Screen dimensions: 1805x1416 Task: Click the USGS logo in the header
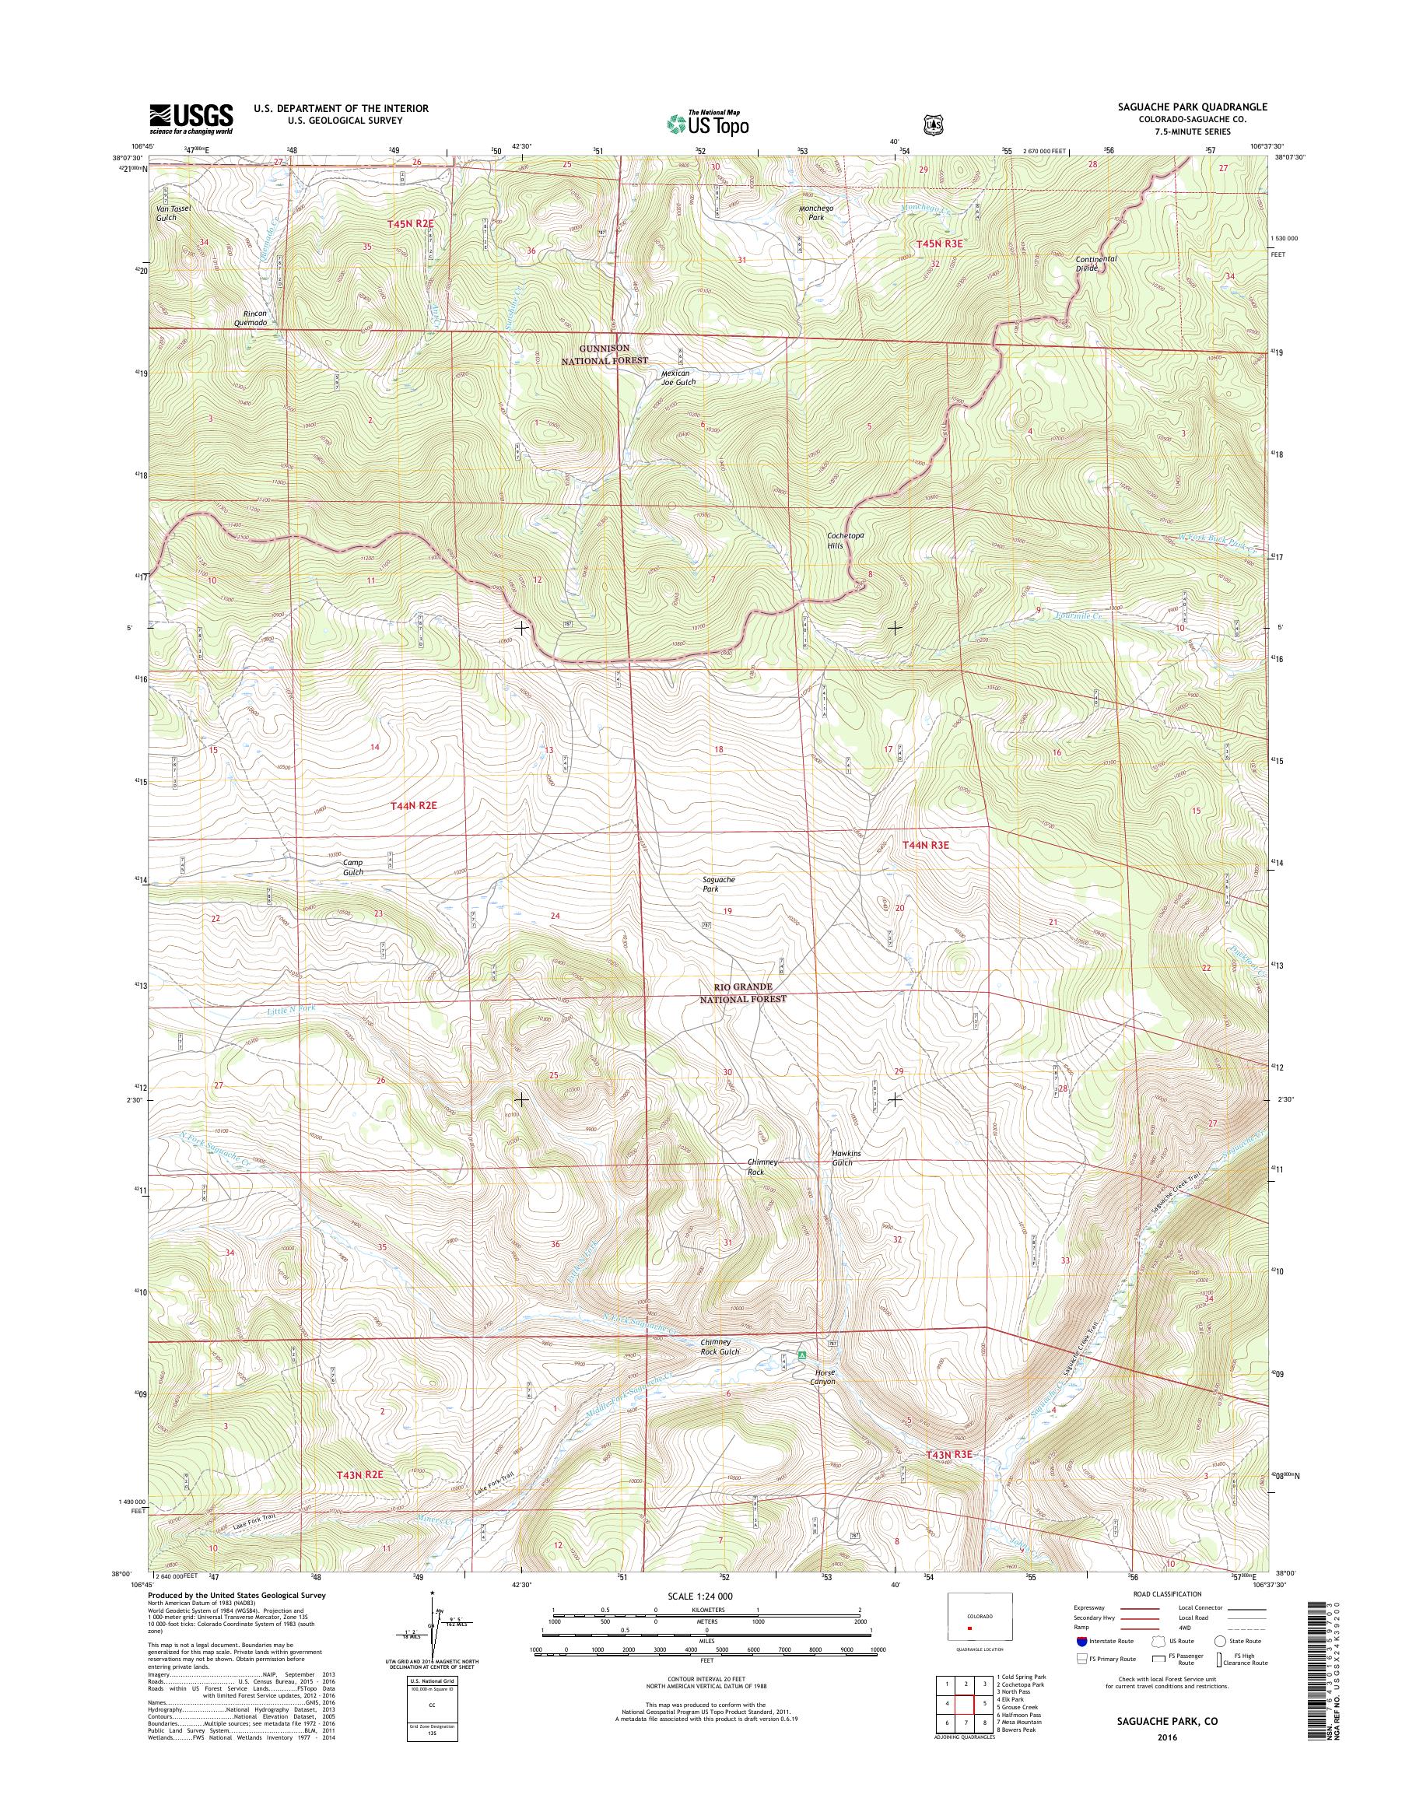tap(191, 118)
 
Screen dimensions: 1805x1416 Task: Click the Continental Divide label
tap(1098, 264)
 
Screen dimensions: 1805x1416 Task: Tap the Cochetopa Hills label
tap(846, 541)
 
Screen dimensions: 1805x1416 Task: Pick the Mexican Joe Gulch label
tap(678, 377)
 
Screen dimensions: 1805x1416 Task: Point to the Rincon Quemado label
tap(250, 318)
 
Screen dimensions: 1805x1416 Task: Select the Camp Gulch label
tap(353, 867)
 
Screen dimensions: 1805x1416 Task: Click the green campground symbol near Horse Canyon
tap(801, 1354)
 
